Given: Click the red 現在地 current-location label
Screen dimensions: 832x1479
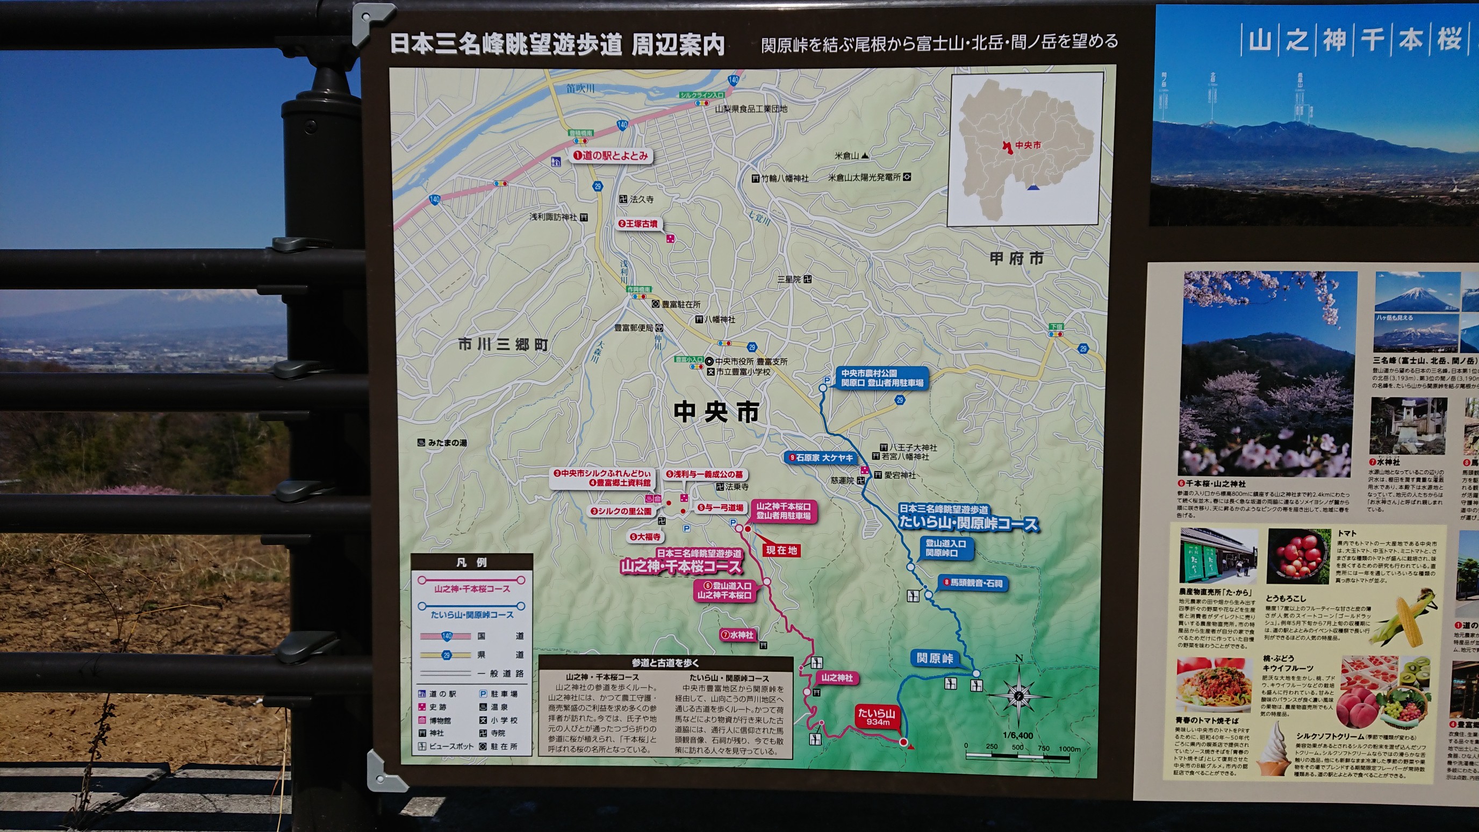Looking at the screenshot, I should [781, 550].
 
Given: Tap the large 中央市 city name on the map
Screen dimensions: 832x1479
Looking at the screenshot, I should [716, 412].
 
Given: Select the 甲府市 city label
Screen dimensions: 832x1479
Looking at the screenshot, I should [1017, 259].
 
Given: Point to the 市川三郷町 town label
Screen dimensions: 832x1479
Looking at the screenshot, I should [503, 345].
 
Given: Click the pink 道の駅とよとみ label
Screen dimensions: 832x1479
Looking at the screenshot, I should [611, 156].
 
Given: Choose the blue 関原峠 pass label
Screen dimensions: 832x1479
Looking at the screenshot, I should [935, 658].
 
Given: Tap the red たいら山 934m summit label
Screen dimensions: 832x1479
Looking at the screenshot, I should [876, 716].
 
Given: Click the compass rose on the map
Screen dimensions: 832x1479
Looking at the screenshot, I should [1018, 696].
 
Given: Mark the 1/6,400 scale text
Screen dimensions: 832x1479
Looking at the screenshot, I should [1018, 736].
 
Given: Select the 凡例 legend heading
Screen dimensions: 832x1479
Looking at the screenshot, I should [471, 562].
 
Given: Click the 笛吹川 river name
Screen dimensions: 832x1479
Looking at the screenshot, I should [580, 89].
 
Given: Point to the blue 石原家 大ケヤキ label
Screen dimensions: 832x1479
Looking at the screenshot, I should [821, 457].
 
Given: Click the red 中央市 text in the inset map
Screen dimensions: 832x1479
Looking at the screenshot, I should [1028, 145].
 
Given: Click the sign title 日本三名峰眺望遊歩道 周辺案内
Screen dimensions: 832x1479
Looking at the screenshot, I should [557, 44].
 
